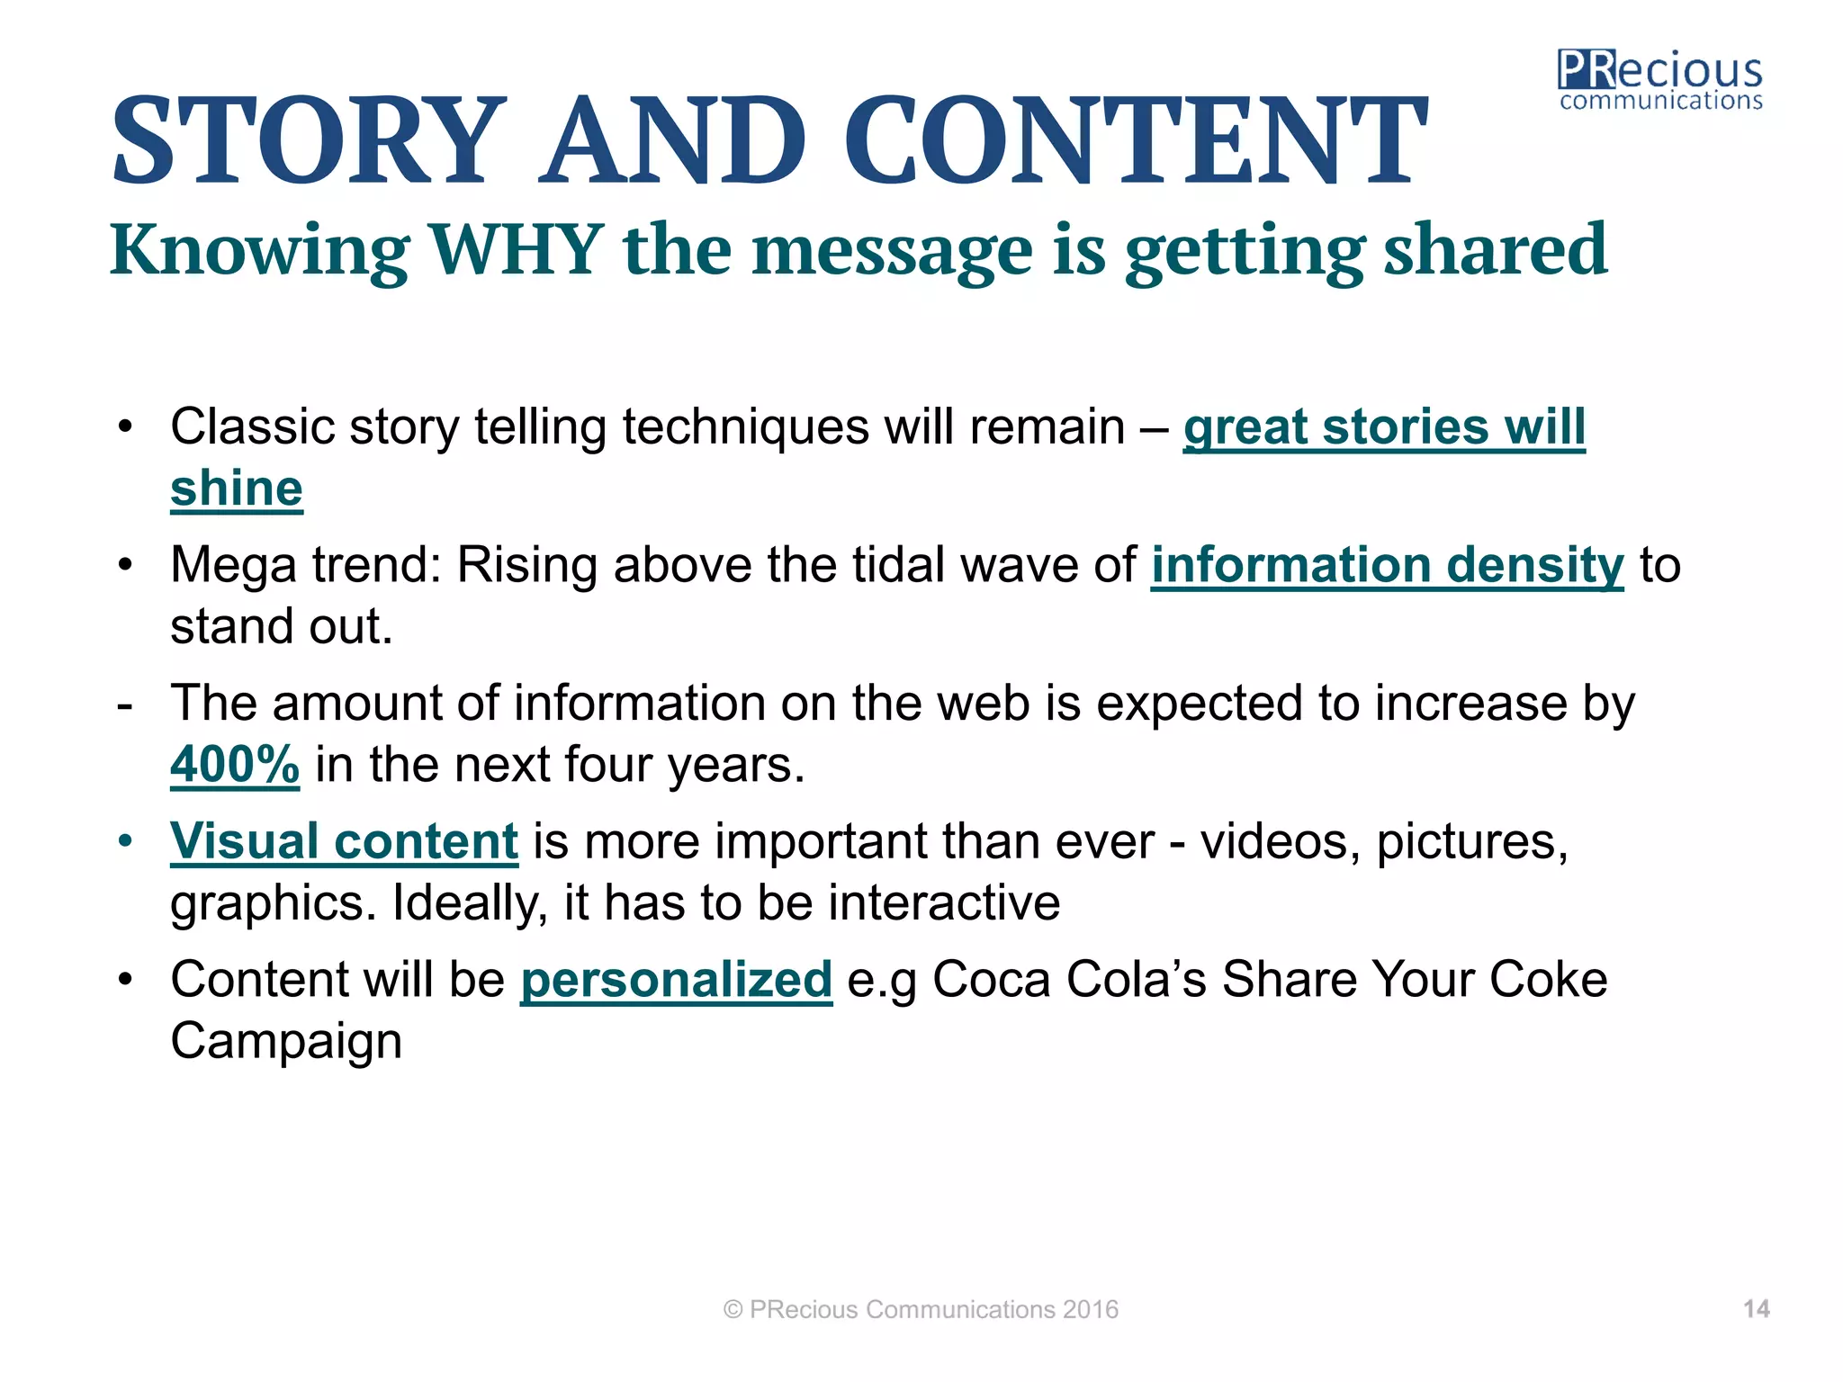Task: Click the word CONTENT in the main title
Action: (x=1135, y=142)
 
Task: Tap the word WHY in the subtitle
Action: (x=516, y=249)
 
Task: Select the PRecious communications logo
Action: (x=1659, y=81)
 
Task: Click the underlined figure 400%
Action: (x=235, y=765)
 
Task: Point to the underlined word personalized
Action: (x=676, y=979)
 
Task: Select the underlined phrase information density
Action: (x=1387, y=565)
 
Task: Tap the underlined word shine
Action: (x=237, y=489)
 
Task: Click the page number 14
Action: (x=1756, y=1309)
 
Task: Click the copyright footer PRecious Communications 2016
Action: (x=921, y=1309)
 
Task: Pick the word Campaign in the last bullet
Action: (x=286, y=1041)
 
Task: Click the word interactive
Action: (x=944, y=902)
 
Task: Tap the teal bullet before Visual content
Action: (x=125, y=842)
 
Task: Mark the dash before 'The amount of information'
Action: (x=125, y=704)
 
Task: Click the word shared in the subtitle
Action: (x=1495, y=249)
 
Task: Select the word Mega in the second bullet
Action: (x=233, y=567)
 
